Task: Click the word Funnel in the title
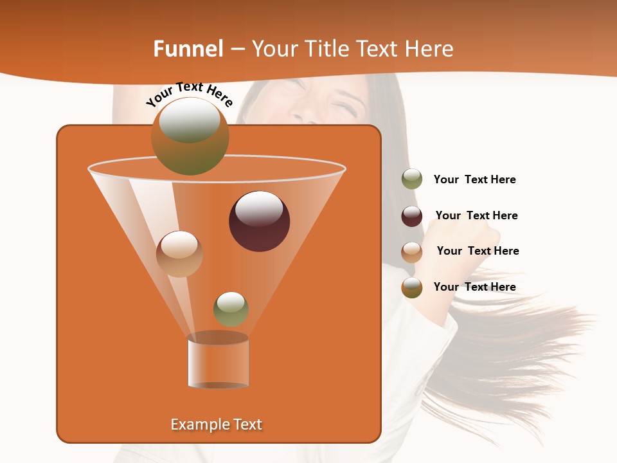[x=188, y=49]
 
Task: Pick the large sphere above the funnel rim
[x=190, y=136]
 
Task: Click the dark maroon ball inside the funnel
[x=260, y=221]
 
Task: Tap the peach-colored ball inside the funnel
[x=179, y=254]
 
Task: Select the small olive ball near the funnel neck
[x=231, y=309]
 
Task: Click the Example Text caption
[x=216, y=424]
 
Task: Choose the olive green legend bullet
[x=412, y=179]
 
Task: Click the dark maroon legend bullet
[x=412, y=216]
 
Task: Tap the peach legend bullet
[x=412, y=251]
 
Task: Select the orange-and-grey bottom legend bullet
[x=412, y=287]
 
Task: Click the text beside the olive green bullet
[x=474, y=180]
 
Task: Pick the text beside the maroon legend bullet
[x=476, y=215]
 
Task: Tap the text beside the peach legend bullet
[x=478, y=251]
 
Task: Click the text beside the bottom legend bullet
[x=474, y=287]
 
